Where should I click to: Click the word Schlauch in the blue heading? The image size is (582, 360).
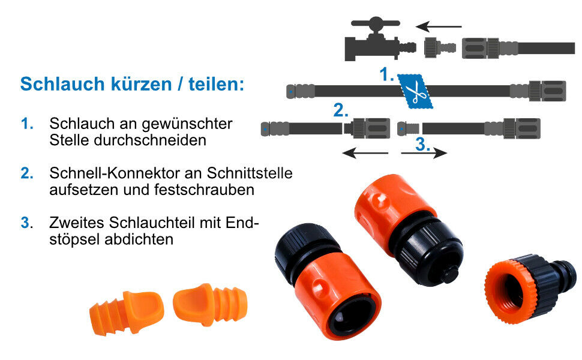pos(62,84)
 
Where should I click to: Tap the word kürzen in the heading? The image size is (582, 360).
pos(142,84)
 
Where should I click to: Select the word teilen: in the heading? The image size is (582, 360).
pos(217,84)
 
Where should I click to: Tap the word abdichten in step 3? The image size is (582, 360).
pos(139,239)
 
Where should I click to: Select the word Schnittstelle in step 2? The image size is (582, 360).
pos(250,173)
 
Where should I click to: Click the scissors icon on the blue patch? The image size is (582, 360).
pos(415,91)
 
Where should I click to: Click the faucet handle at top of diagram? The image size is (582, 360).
pos(375,23)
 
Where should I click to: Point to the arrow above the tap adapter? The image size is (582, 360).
pos(439,27)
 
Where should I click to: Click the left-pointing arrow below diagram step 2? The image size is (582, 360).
pos(365,152)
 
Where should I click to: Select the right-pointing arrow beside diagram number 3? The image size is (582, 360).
pos(424,152)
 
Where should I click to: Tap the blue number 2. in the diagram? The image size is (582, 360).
pos(341,110)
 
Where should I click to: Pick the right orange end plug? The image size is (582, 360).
pos(210,304)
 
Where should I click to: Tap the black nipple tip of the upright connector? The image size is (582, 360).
pos(449,275)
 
